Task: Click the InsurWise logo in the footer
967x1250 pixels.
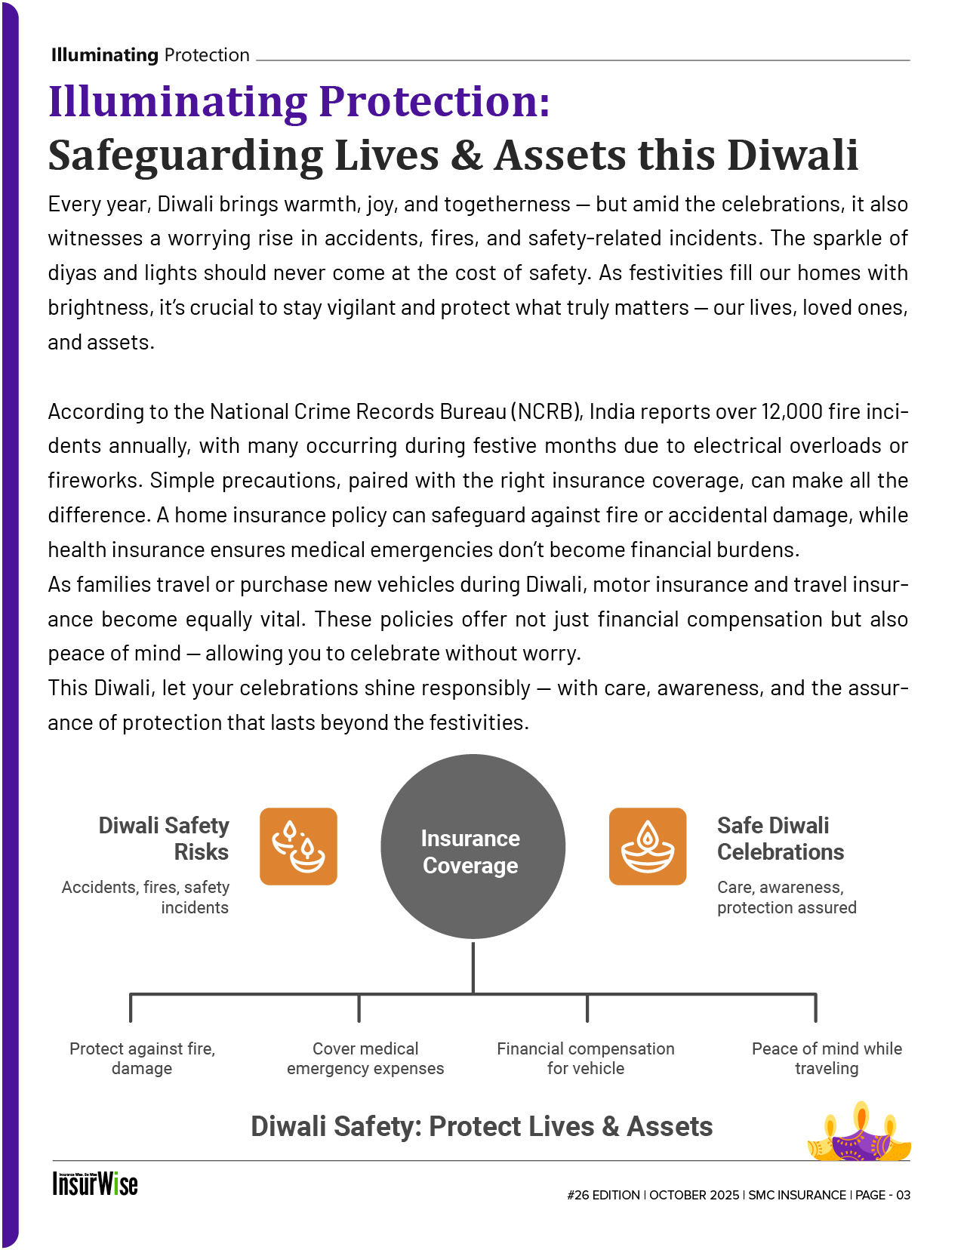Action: coord(95,1183)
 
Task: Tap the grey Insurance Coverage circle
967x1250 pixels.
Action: coord(473,846)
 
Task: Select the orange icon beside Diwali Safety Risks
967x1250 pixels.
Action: coord(298,846)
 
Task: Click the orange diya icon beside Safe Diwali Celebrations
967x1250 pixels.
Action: coord(647,846)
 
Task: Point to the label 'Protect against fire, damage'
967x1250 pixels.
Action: coord(142,1058)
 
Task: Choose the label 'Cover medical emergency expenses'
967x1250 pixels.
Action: coord(365,1058)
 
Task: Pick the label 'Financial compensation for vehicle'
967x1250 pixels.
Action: coord(586,1058)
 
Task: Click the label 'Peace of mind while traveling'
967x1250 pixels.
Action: coord(827,1058)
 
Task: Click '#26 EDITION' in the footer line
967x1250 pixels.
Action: coord(603,1195)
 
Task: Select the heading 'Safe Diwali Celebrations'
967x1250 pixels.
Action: coord(780,839)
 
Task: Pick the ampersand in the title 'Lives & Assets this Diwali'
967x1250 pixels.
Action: coord(467,155)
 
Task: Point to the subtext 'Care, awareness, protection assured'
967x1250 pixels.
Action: coord(787,897)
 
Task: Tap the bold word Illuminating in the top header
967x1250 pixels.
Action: coord(104,55)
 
